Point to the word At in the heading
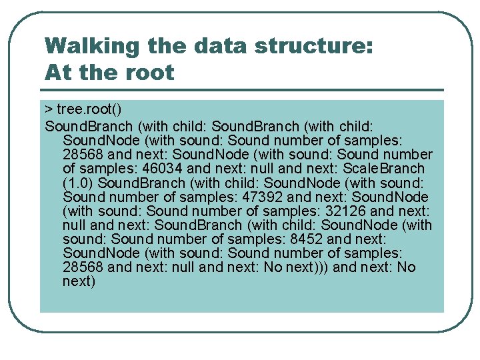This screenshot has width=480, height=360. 57,72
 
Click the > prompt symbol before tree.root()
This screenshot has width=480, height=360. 49,109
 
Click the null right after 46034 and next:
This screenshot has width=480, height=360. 261,169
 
